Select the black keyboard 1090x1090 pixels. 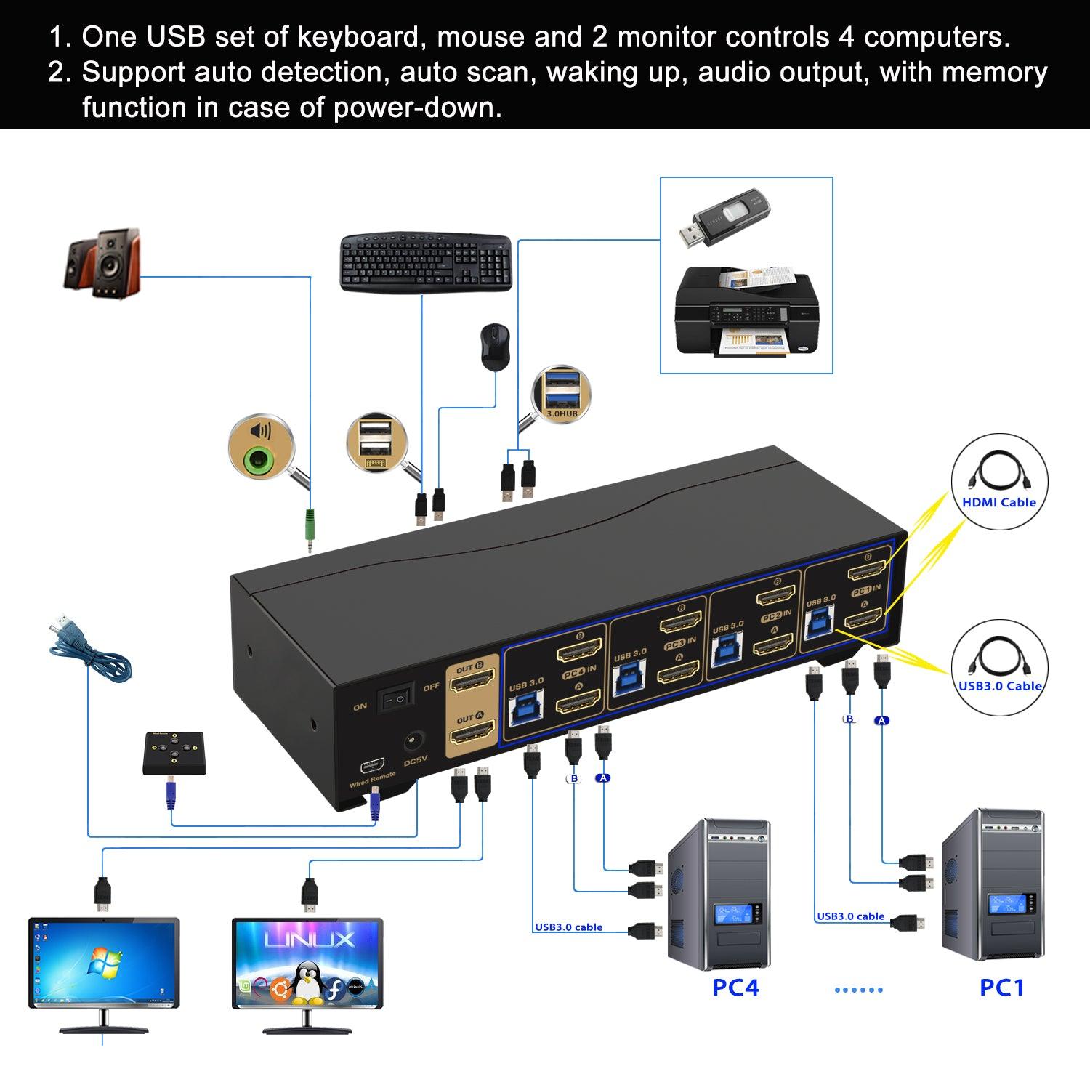click(x=426, y=262)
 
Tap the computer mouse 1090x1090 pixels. click(x=494, y=345)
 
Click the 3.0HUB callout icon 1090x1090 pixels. click(x=561, y=393)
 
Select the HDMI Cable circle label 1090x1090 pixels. click(x=999, y=482)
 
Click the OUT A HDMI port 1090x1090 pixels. click(x=473, y=732)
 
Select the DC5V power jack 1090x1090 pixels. click(x=414, y=742)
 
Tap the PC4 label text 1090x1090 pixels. click(x=735, y=988)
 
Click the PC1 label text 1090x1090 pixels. click(x=1001, y=988)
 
